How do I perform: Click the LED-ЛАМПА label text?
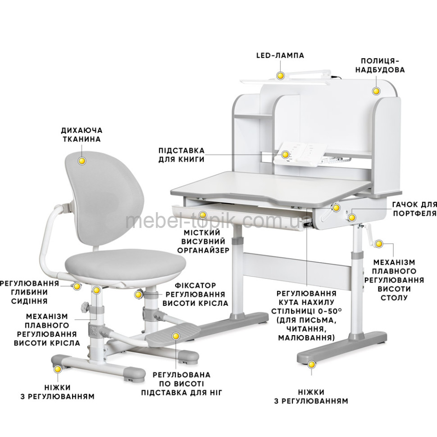point(280,55)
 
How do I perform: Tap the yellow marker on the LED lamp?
point(280,76)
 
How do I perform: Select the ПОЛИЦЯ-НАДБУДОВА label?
point(380,65)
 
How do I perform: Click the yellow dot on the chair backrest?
point(82,161)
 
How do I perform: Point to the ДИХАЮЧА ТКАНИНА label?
point(82,135)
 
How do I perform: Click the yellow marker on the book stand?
point(285,155)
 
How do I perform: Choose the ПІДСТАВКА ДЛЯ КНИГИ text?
point(182,155)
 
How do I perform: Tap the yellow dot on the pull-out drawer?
point(203,215)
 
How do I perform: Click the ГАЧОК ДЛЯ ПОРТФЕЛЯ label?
point(415,209)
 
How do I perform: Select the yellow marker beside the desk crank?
point(378,244)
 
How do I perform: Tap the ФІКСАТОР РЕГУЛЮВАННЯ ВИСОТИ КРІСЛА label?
point(196,294)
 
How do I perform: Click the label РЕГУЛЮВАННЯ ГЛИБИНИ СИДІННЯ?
point(29,292)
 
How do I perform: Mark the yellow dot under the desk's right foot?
point(311,364)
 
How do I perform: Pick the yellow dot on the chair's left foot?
point(58,369)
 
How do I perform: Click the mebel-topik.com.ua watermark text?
point(218,221)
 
